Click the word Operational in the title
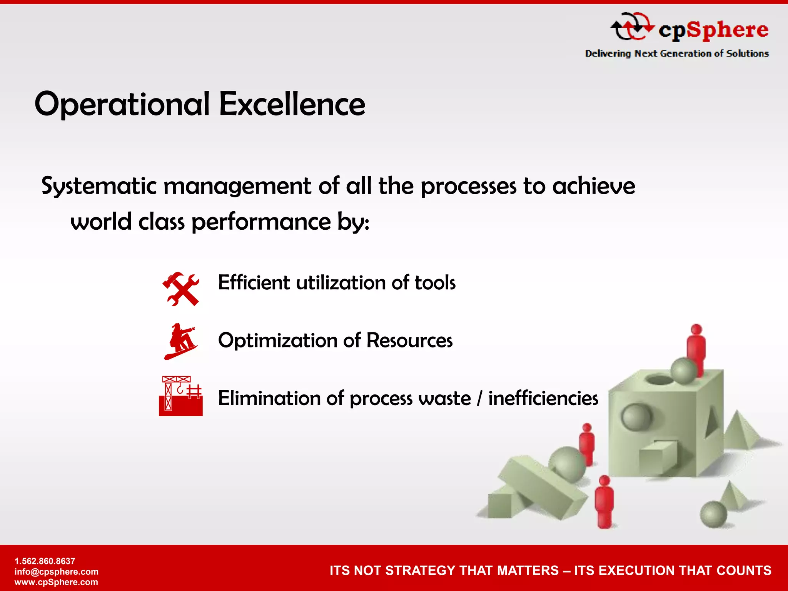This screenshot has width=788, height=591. coord(122,104)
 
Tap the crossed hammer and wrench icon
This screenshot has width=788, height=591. coord(181,289)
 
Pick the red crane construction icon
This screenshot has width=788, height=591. coord(180,396)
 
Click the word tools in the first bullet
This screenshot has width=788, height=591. coord(435,283)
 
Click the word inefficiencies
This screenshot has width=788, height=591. coord(543,398)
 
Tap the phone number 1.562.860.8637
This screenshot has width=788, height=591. coord(45,561)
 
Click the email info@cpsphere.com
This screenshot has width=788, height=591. coord(57,572)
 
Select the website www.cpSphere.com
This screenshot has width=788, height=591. coord(56,582)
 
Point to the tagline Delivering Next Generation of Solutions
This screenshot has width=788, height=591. coord(677,53)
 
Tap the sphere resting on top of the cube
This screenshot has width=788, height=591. coord(684,371)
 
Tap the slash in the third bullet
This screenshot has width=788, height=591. coord(479,398)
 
